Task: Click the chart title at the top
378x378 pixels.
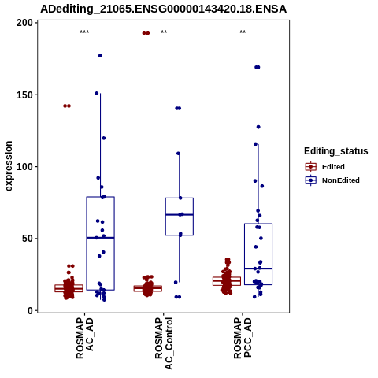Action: (163, 9)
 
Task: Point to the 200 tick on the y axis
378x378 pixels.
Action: (25, 23)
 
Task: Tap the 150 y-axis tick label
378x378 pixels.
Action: (25, 94)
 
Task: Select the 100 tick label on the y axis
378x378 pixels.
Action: (25, 167)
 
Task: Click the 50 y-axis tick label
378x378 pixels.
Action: (28, 239)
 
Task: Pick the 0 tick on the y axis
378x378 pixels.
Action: (31, 310)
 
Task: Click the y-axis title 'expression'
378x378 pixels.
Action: (9, 166)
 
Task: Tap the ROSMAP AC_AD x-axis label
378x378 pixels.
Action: (85, 338)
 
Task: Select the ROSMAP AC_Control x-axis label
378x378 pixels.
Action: (164, 343)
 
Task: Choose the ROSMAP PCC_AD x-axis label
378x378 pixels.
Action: (243, 338)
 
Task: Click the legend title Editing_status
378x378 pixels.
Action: (336, 151)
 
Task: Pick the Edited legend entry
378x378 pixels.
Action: (325, 167)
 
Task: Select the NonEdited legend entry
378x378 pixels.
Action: (332, 180)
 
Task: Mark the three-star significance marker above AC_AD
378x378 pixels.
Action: (84, 32)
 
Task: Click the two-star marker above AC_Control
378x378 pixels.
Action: (164, 32)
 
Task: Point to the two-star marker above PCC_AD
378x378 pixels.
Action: (243, 32)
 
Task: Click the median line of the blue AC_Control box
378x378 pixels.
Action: (180, 215)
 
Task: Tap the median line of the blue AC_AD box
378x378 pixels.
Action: (100, 238)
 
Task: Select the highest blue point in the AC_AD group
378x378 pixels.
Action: (100, 56)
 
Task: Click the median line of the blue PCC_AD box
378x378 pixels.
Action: (258, 269)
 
